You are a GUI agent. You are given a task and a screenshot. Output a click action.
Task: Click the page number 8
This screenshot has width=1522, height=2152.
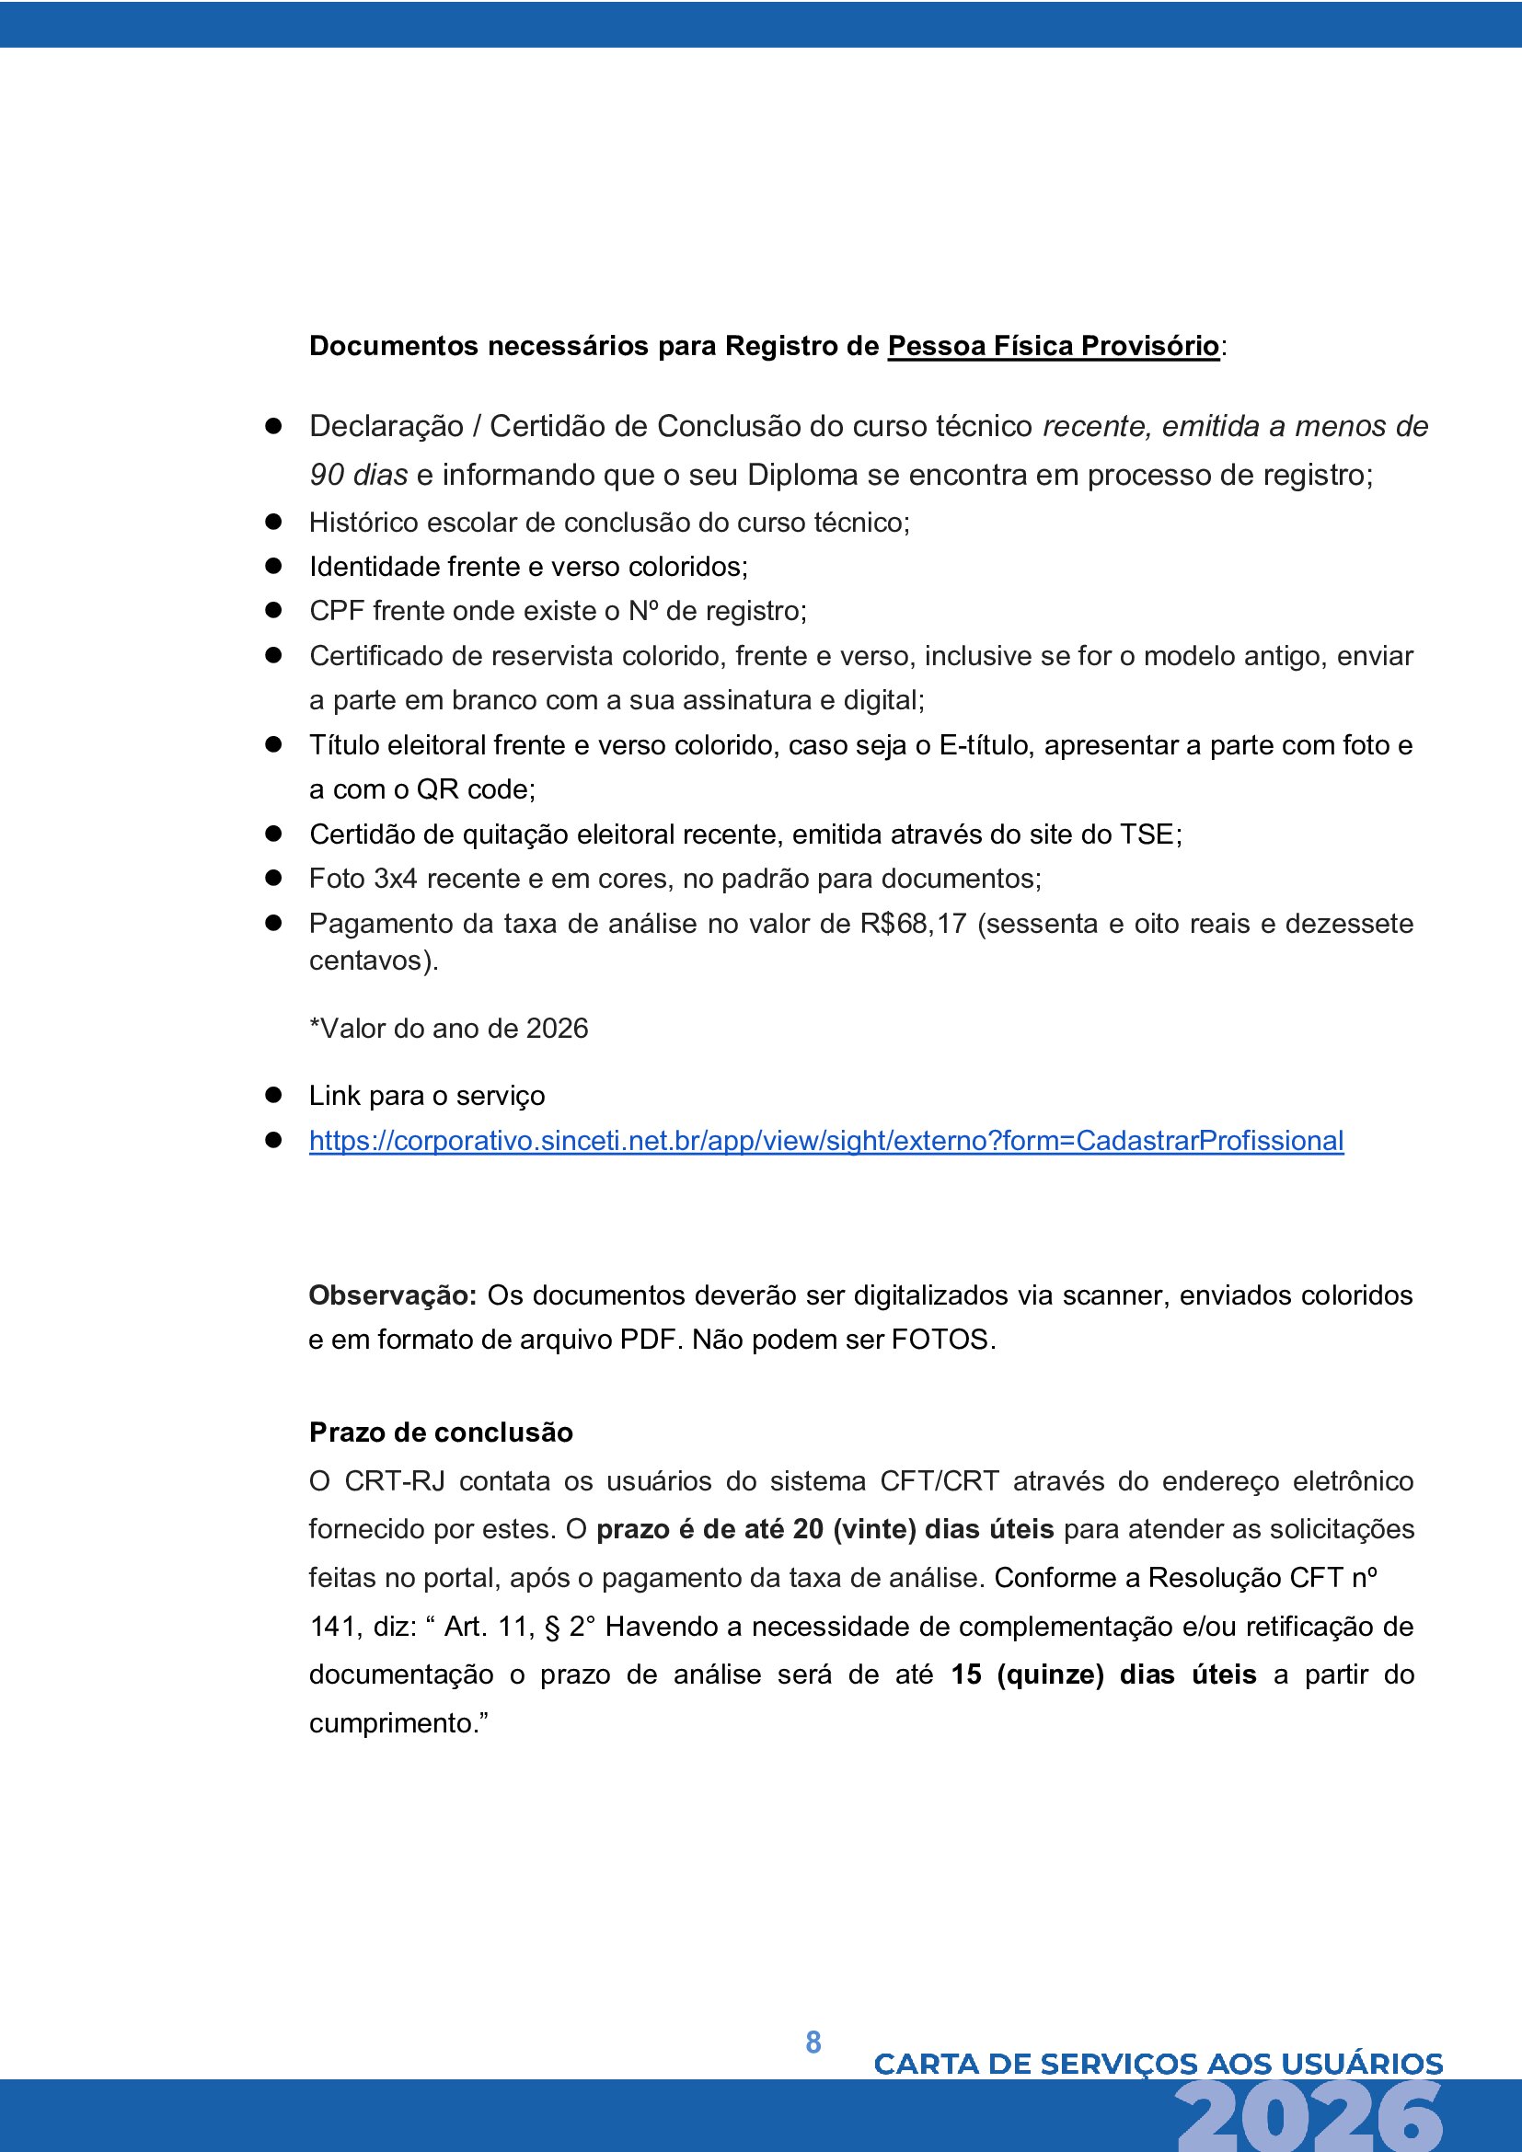[x=813, y=2043]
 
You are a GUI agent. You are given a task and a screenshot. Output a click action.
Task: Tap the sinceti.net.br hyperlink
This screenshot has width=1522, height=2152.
[x=825, y=1141]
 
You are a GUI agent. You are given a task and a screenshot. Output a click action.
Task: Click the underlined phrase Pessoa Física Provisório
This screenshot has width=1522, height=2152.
[x=1053, y=346]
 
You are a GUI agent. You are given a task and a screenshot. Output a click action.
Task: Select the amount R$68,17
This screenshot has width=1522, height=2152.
[x=912, y=924]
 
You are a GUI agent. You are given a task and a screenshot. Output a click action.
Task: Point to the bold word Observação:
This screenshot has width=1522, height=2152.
[x=393, y=1295]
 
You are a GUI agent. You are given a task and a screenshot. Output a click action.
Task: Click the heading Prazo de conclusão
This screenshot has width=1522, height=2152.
[x=441, y=1433]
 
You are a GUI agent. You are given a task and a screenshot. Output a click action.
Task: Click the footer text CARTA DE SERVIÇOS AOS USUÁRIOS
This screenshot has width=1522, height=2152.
[x=1158, y=2064]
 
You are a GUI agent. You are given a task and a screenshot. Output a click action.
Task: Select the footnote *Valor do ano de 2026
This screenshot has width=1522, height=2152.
[x=448, y=1030]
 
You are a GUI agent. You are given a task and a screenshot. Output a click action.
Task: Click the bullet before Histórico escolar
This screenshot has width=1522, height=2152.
[x=273, y=522]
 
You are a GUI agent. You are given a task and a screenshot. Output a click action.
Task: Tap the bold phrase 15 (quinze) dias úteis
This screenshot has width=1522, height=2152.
[x=1103, y=1674]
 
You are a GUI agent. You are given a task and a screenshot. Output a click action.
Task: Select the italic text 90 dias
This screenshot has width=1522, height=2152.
[x=358, y=475]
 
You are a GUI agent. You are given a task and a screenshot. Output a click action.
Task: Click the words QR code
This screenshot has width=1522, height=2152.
[x=474, y=790]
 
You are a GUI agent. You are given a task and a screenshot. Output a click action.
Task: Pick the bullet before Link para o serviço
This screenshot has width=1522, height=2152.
[x=273, y=1096]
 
